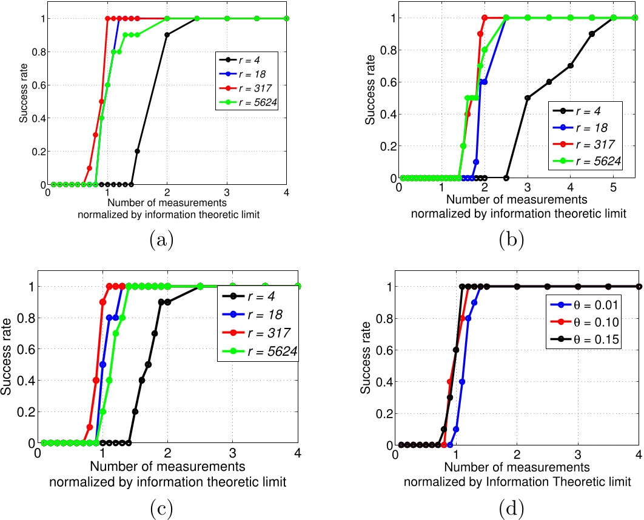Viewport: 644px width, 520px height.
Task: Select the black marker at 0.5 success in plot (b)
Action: click(x=527, y=98)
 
